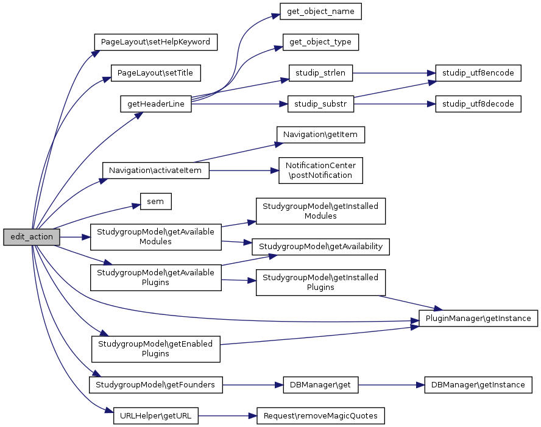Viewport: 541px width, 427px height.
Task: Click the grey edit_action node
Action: (32, 237)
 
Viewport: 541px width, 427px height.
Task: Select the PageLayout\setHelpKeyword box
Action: (155, 42)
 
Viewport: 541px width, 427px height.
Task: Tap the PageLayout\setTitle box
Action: (155, 72)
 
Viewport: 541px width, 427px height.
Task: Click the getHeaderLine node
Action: (156, 104)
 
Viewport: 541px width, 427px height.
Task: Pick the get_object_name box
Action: (320, 11)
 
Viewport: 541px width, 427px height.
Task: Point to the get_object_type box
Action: (320, 42)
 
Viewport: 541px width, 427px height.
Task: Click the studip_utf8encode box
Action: (478, 72)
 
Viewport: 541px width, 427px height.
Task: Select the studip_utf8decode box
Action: (478, 104)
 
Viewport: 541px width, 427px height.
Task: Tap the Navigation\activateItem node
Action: (155, 171)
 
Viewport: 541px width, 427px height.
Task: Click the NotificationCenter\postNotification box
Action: (320, 170)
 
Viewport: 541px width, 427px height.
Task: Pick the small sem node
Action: (155, 202)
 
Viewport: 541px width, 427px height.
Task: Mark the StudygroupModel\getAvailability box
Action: (320, 246)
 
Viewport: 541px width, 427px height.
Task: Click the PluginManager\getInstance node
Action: (478, 318)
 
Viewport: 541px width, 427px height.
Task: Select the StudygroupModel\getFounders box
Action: (155, 384)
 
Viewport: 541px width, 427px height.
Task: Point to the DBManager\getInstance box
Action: (478, 384)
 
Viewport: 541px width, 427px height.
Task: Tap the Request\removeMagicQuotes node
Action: (320, 416)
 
